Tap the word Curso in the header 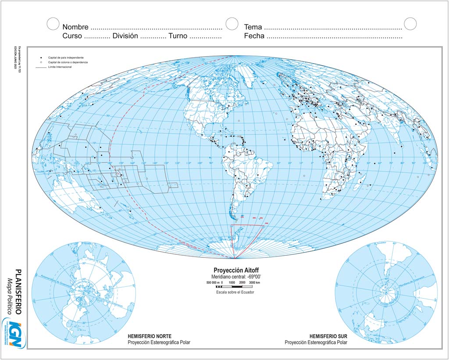tap(72, 36)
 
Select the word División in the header tap(125, 36)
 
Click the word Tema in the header tap(253, 27)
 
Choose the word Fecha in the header tap(254, 36)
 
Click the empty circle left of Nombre tap(53, 24)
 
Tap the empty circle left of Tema tap(232, 24)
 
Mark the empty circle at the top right tap(410, 24)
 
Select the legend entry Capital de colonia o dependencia tap(68, 63)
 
